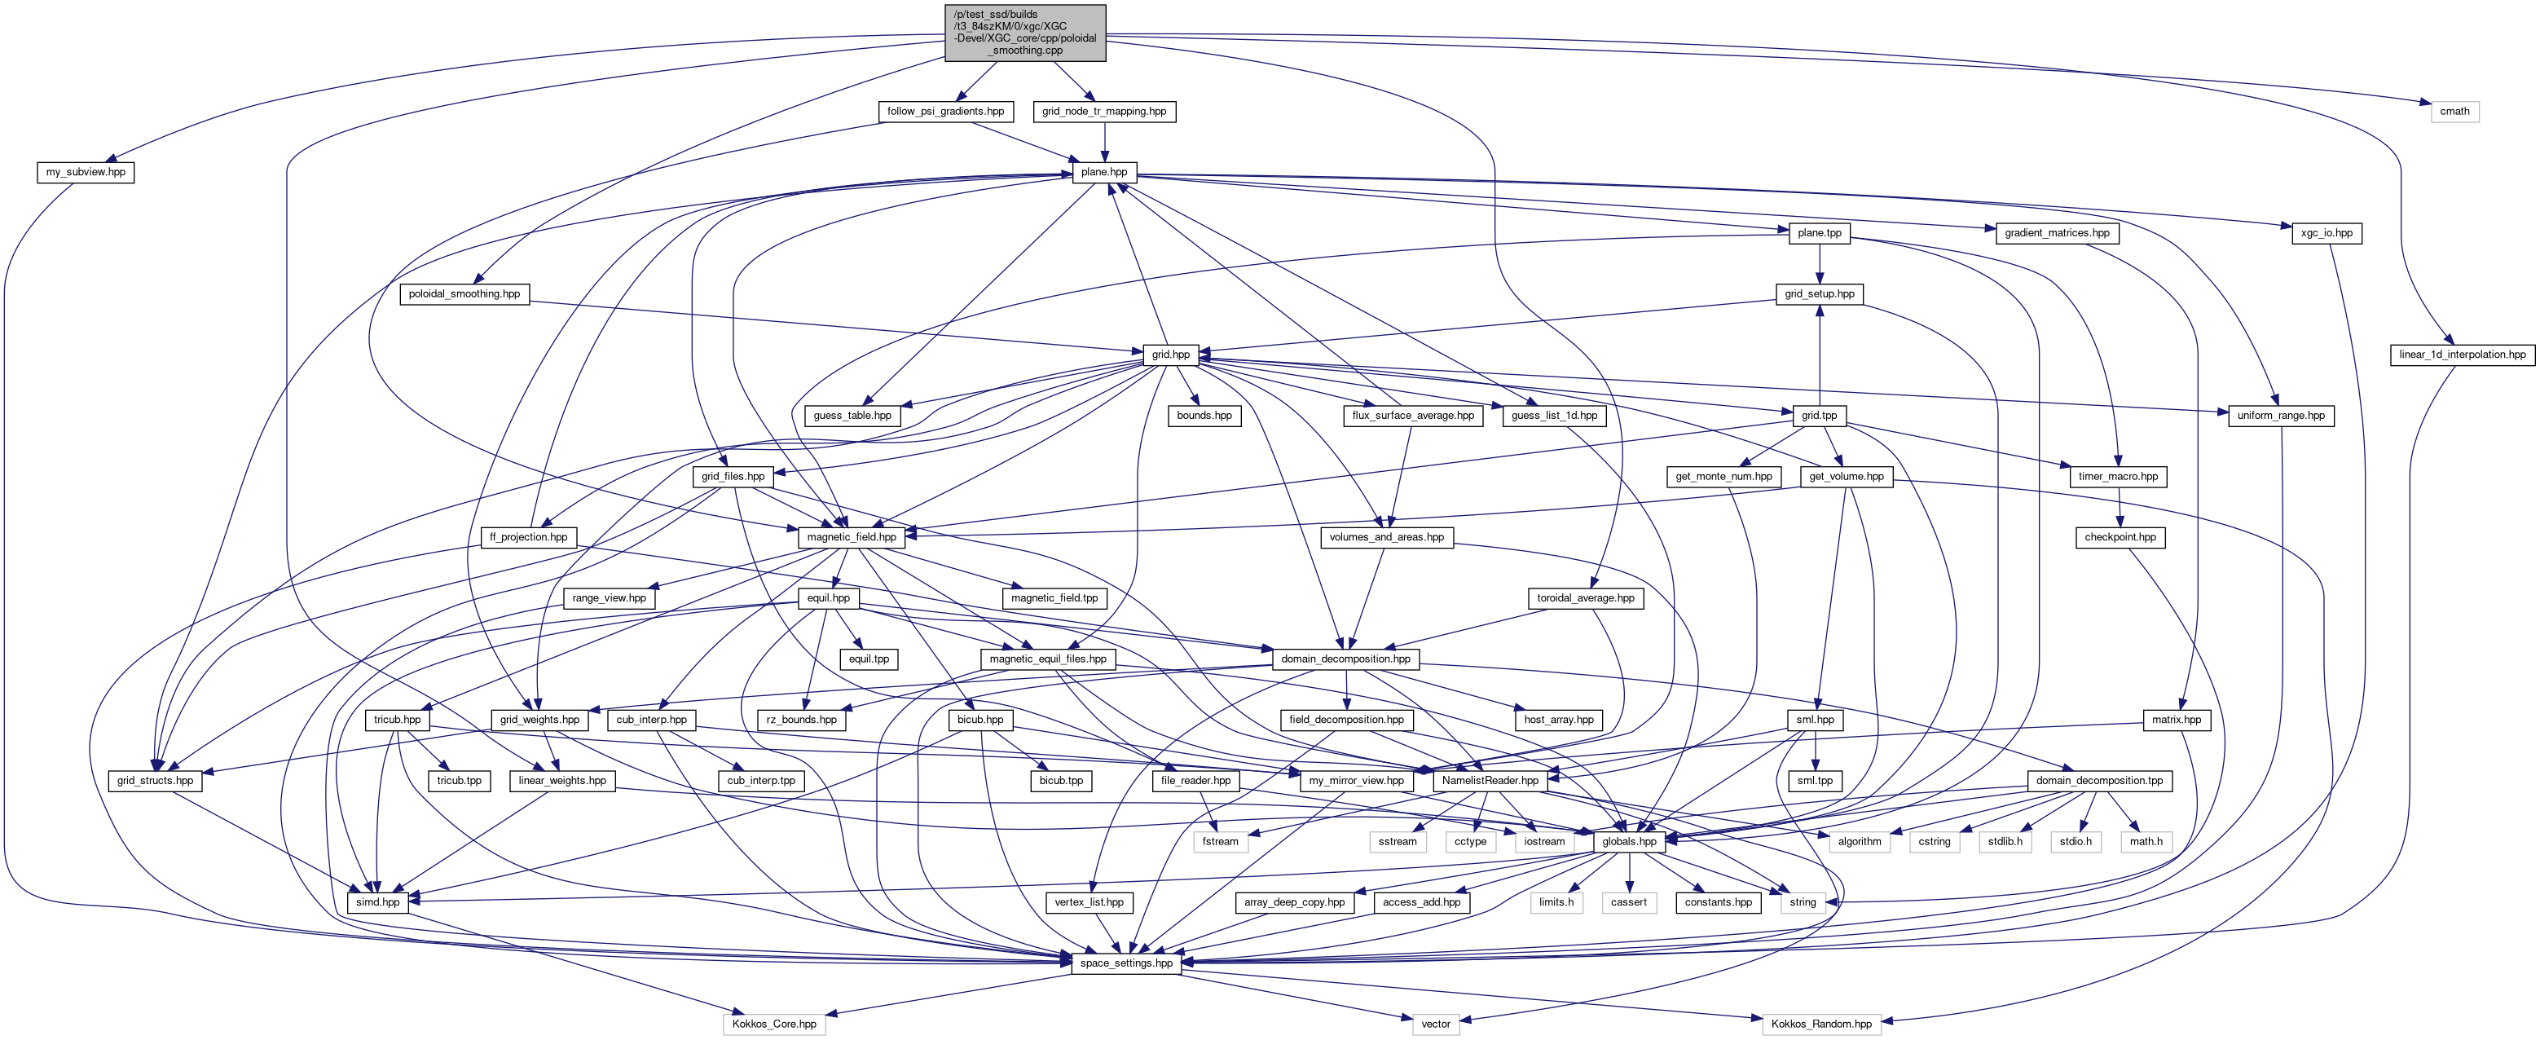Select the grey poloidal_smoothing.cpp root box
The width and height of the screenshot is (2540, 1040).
1025,33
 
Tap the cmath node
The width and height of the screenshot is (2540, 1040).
2454,112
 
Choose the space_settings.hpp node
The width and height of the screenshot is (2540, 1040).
1126,963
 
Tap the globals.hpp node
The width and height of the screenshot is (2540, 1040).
1629,842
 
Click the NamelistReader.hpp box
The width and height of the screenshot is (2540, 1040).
1489,781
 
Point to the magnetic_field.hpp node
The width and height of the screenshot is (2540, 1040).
851,537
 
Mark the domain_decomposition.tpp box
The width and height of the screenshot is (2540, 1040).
2099,781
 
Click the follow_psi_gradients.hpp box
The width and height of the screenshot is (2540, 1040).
944,112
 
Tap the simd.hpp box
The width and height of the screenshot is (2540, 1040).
377,902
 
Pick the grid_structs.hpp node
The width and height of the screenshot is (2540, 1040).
155,781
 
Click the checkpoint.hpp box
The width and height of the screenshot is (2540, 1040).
2120,537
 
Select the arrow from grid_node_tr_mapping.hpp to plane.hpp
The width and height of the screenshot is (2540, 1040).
1104,142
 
